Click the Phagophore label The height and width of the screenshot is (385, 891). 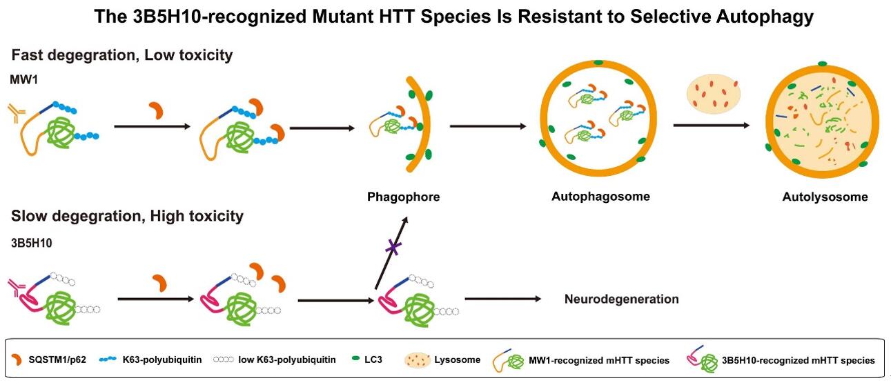tap(403, 197)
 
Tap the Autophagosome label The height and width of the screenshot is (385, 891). tap(600, 196)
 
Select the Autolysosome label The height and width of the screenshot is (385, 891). tap(825, 197)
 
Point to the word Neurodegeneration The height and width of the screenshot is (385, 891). tap(621, 299)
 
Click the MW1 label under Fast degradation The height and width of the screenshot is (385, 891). tap(23, 81)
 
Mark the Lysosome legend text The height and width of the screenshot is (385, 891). tap(458, 360)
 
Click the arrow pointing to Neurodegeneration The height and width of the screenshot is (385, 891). tap(502, 299)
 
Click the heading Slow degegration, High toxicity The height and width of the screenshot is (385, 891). tap(127, 216)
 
